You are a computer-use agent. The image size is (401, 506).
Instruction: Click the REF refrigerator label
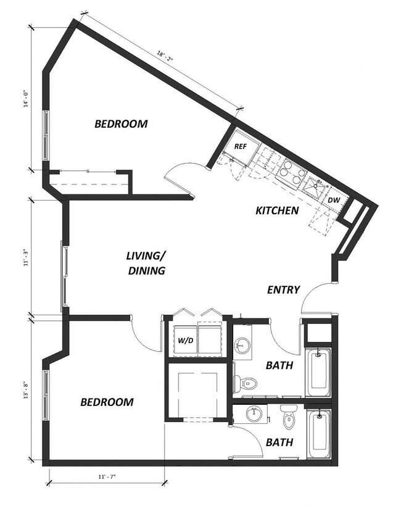tap(241, 147)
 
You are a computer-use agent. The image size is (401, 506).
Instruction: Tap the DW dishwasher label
tap(334, 200)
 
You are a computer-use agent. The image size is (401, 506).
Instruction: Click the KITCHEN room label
tap(277, 211)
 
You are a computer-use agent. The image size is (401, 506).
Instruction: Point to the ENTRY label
tap(283, 290)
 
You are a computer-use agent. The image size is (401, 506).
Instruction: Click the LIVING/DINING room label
tap(146, 263)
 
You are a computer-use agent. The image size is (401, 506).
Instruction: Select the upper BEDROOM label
tap(121, 124)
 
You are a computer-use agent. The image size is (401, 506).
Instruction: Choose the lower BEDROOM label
tap(107, 402)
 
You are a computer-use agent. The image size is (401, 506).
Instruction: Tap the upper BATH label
tap(279, 366)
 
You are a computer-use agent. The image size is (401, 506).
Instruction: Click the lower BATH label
tap(279, 442)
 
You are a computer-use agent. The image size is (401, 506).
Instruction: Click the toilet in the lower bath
tap(289, 421)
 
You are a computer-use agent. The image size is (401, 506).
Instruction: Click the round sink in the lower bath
tap(254, 414)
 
